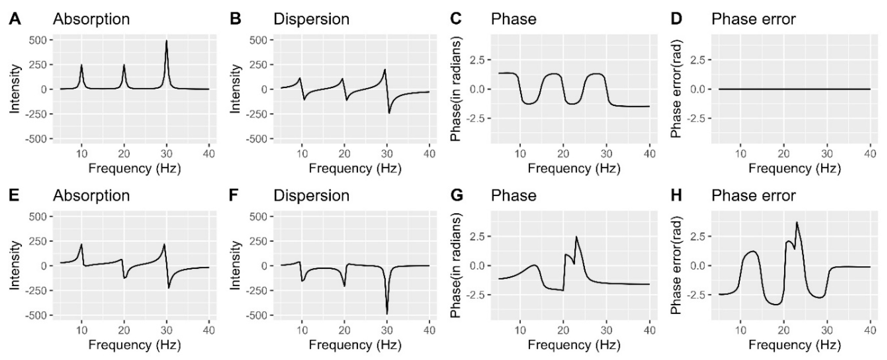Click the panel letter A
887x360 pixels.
click(x=15, y=19)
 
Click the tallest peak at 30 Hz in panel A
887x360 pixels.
click(x=167, y=41)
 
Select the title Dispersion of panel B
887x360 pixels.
click(x=311, y=19)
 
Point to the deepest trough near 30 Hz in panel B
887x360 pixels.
click(x=389, y=113)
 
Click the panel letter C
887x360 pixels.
click(x=456, y=19)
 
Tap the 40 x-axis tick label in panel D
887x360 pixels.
click(x=870, y=154)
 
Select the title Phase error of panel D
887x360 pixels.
click(x=753, y=19)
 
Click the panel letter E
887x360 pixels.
click(x=14, y=196)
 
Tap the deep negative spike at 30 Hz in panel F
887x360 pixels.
click(x=387, y=313)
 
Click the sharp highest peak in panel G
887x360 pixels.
click(x=576, y=237)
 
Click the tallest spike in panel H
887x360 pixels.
click(x=796, y=222)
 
